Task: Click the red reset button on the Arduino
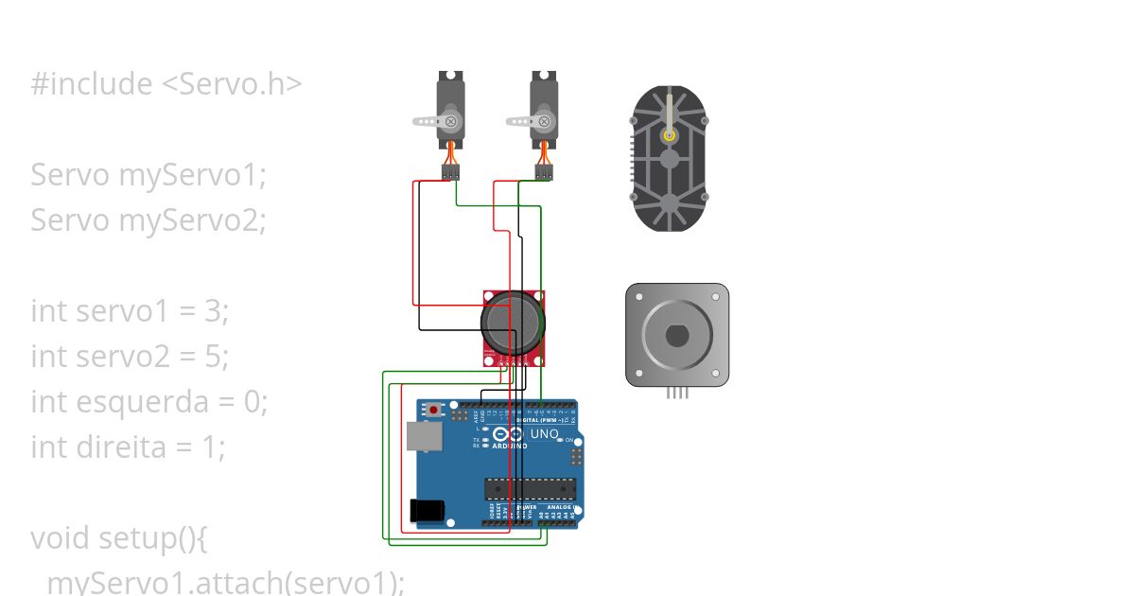coord(434,411)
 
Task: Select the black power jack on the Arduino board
coord(428,509)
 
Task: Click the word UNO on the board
coord(544,434)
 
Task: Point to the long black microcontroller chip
coord(530,488)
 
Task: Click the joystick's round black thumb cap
coord(514,323)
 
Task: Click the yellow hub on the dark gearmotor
coord(670,135)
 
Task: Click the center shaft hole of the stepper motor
coord(677,335)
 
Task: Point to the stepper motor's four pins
coord(677,392)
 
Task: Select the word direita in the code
coord(131,447)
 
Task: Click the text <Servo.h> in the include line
coord(232,84)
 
